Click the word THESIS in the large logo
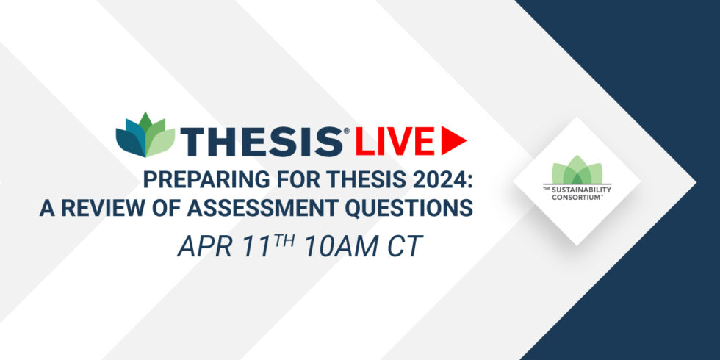262,141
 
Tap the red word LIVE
395,141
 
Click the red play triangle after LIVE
454,140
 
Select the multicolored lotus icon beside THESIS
145,134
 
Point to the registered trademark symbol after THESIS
346,131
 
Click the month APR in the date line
200,247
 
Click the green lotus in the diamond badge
577,170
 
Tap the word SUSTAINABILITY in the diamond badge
580,190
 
